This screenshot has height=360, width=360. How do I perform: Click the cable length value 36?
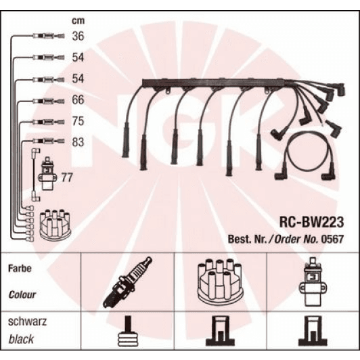(78, 36)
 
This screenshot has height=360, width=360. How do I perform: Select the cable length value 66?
(78, 100)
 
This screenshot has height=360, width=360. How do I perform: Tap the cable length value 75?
(78, 121)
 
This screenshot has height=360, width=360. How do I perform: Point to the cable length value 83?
(78, 142)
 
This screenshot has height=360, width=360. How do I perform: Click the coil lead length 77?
(67, 177)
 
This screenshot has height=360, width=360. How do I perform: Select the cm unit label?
(78, 21)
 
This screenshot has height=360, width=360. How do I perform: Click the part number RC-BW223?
(311, 222)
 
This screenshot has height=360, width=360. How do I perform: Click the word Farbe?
(20, 269)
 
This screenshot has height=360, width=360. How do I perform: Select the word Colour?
(22, 294)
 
